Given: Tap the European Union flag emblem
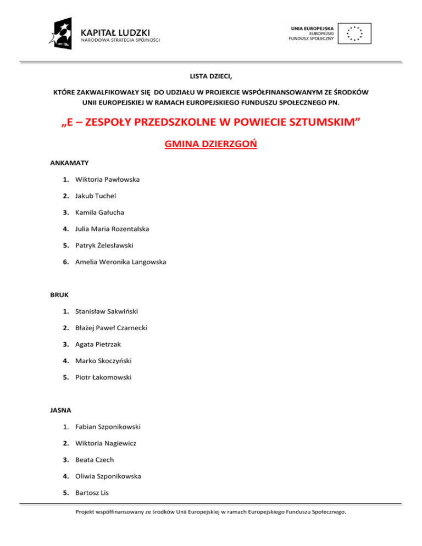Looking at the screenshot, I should [354, 33].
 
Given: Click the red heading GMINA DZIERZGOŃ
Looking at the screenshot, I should [211, 144].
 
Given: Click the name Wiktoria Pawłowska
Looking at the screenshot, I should [107, 179].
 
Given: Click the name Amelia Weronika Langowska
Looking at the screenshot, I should [120, 261].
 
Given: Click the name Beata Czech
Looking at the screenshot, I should [95, 459].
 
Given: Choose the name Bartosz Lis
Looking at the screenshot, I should [91, 492].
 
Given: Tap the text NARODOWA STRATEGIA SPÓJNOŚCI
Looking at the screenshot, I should [121, 40].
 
